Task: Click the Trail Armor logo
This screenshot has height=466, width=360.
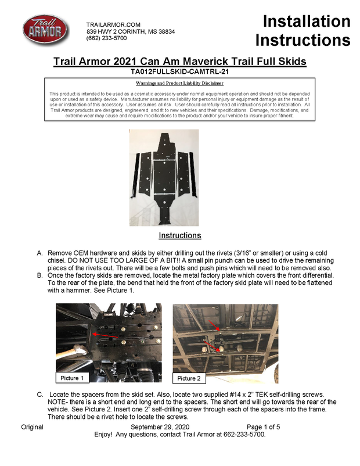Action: point(45,31)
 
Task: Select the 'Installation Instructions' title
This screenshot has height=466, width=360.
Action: point(303,31)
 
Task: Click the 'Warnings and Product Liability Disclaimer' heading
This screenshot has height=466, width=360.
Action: point(179,83)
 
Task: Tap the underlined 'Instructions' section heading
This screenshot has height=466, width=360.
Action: point(180,235)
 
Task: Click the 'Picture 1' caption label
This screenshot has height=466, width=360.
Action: point(73,378)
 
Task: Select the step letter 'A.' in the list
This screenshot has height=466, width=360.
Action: point(40,254)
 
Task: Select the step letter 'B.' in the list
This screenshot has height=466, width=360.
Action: point(40,276)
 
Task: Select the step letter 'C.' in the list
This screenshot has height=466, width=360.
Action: point(40,395)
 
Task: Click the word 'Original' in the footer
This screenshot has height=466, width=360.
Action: point(32,426)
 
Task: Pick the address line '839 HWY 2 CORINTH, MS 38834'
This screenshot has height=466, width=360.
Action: point(131,31)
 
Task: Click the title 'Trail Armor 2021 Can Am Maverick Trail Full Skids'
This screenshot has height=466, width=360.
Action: point(179,62)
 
